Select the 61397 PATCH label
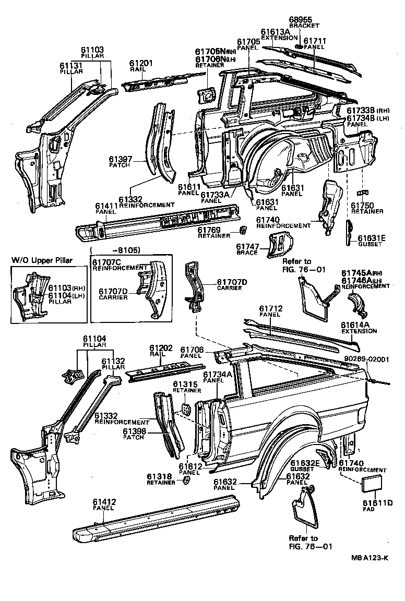[x=121, y=162]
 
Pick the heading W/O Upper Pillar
[x=42, y=261]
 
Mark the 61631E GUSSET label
[x=371, y=241]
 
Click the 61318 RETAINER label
[x=162, y=479]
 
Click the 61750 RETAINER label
[x=366, y=208]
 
